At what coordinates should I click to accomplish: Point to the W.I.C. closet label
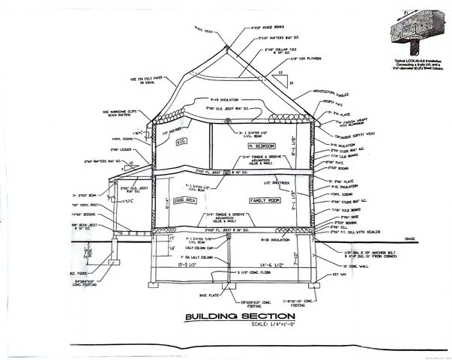[x=180, y=141]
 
